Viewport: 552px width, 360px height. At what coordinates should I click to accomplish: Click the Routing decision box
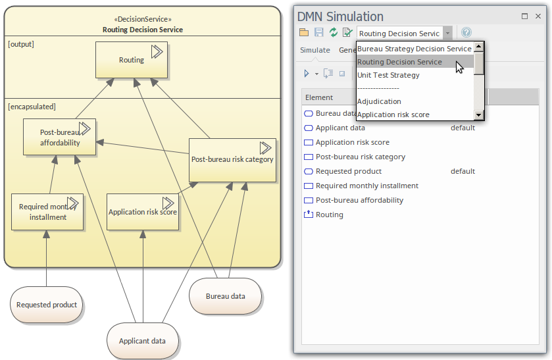(131, 60)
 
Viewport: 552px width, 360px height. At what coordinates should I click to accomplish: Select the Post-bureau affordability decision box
(59, 137)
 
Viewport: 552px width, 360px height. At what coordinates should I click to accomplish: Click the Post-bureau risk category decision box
(232, 159)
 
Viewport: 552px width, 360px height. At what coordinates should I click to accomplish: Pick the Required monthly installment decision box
(47, 212)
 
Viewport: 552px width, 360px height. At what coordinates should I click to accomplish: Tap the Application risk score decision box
(142, 212)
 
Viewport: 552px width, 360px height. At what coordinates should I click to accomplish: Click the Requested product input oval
(47, 305)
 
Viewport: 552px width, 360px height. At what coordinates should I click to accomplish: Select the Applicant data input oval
(142, 341)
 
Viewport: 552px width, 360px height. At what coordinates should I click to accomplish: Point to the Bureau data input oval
(225, 296)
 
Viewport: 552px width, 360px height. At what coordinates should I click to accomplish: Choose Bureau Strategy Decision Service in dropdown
(414, 49)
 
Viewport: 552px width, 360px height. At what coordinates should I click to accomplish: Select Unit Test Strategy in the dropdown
(388, 75)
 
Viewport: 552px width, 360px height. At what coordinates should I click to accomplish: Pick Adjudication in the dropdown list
(379, 101)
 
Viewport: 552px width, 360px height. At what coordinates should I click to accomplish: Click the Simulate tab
(315, 50)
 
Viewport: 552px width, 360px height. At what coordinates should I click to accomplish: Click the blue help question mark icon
(466, 33)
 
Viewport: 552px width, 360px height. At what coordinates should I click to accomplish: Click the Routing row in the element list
(329, 215)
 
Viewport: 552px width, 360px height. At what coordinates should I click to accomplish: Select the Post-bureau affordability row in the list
(359, 200)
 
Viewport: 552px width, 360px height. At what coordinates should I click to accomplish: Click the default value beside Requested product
(463, 171)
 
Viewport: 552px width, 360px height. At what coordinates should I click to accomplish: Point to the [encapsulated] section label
(32, 106)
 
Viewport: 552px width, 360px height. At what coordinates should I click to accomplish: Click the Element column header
(319, 97)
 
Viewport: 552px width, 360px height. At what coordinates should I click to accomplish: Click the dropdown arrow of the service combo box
(447, 33)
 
